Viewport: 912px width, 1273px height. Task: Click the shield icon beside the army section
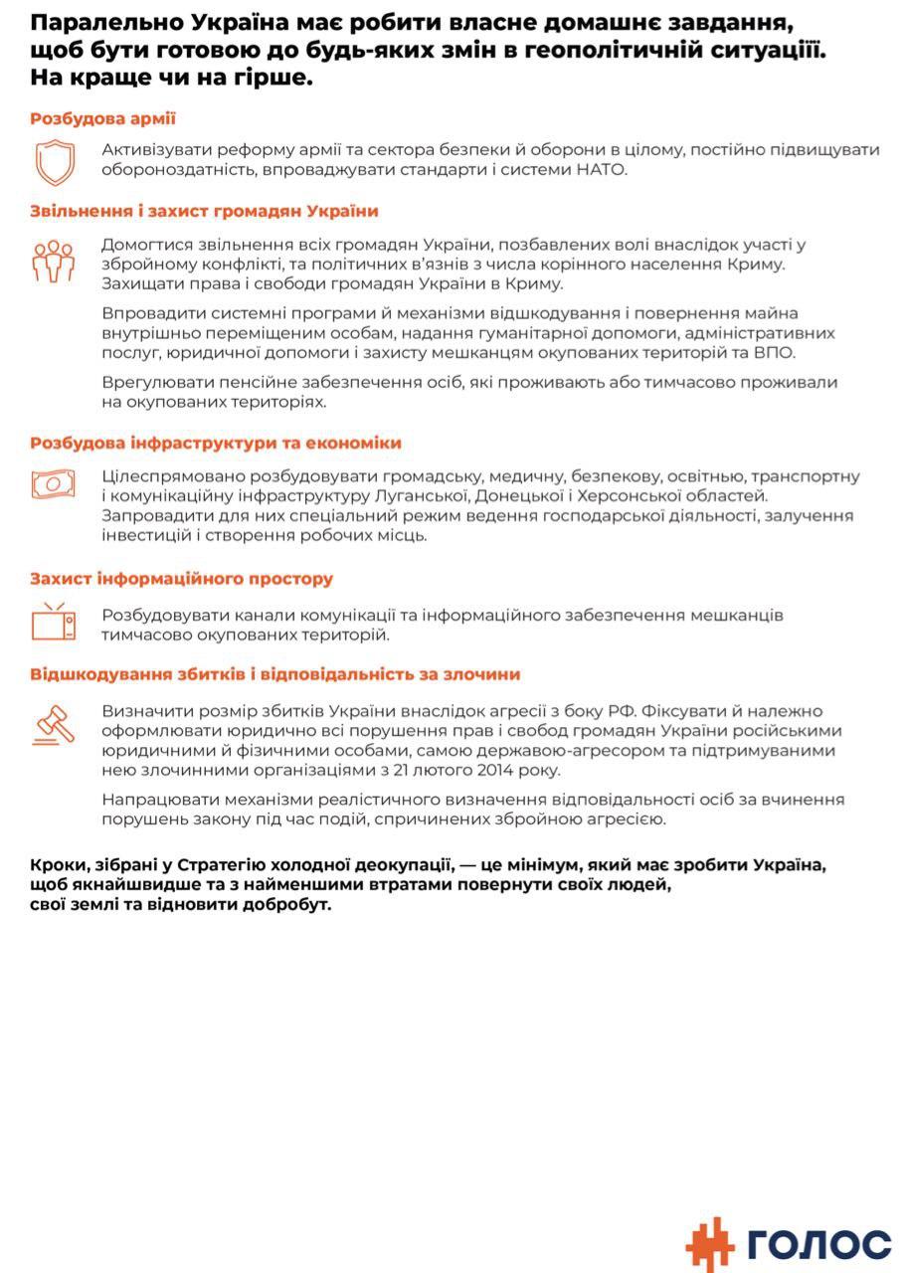pyautogui.click(x=55, y=161)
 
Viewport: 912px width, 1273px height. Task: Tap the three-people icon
pyautogui.click(x=54, y=262)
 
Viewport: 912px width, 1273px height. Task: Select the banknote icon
pyautogui.click(x=54, y=484)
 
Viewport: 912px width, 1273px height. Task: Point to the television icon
pyautogui.click(x=54, y=622)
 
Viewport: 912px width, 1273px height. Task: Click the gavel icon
pyautogui.click(x=54, y=724)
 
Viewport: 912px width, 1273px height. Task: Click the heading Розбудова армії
pyautogui.click(x=102, y=118)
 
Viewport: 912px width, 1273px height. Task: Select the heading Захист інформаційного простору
pyautogui.click(x=181, y=579)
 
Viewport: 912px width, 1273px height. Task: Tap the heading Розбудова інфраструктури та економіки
pyautogui.click(x=216, y=443)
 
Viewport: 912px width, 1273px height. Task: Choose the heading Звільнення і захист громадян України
pyautogui.click(x=204, y=211)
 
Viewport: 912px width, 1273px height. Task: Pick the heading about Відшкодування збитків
pyautogui.click(x=274, y=674)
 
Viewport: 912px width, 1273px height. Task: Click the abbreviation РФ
pyautogui.click(x=623, y=711)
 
